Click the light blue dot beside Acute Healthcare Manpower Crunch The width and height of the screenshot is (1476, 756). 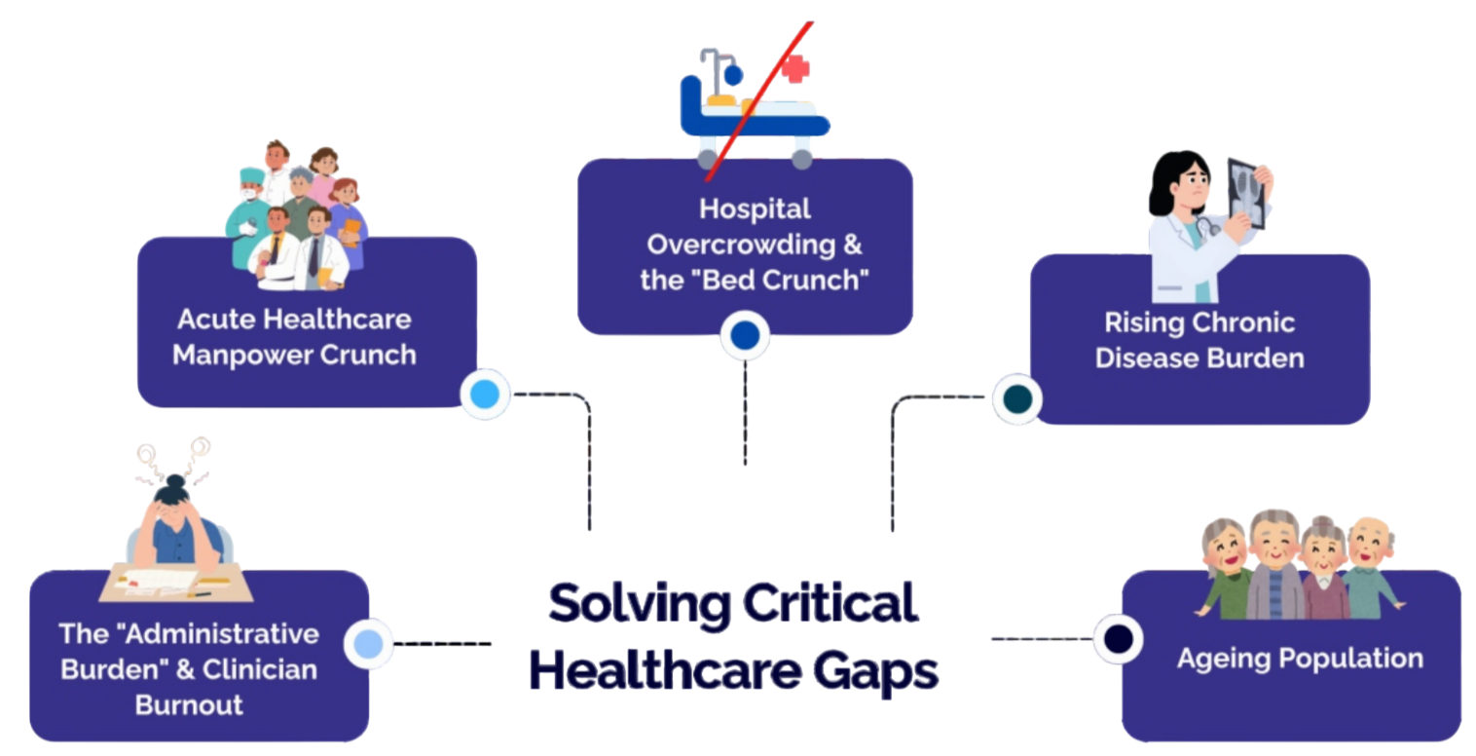tap(485, 394)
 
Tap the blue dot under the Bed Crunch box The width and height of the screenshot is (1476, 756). tap(745, 336)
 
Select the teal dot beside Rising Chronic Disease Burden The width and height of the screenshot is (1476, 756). tap(1016, 398)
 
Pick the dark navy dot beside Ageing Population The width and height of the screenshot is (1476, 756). tap(1116, 638)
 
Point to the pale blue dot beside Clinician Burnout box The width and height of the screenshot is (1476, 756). tap(369, 643)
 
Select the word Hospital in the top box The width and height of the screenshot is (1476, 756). tap(755, 208)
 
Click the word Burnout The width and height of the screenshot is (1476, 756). tap(189, 704)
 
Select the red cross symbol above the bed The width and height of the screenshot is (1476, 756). tap(795, 68)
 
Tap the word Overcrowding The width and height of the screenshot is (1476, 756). tap(755, 245)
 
